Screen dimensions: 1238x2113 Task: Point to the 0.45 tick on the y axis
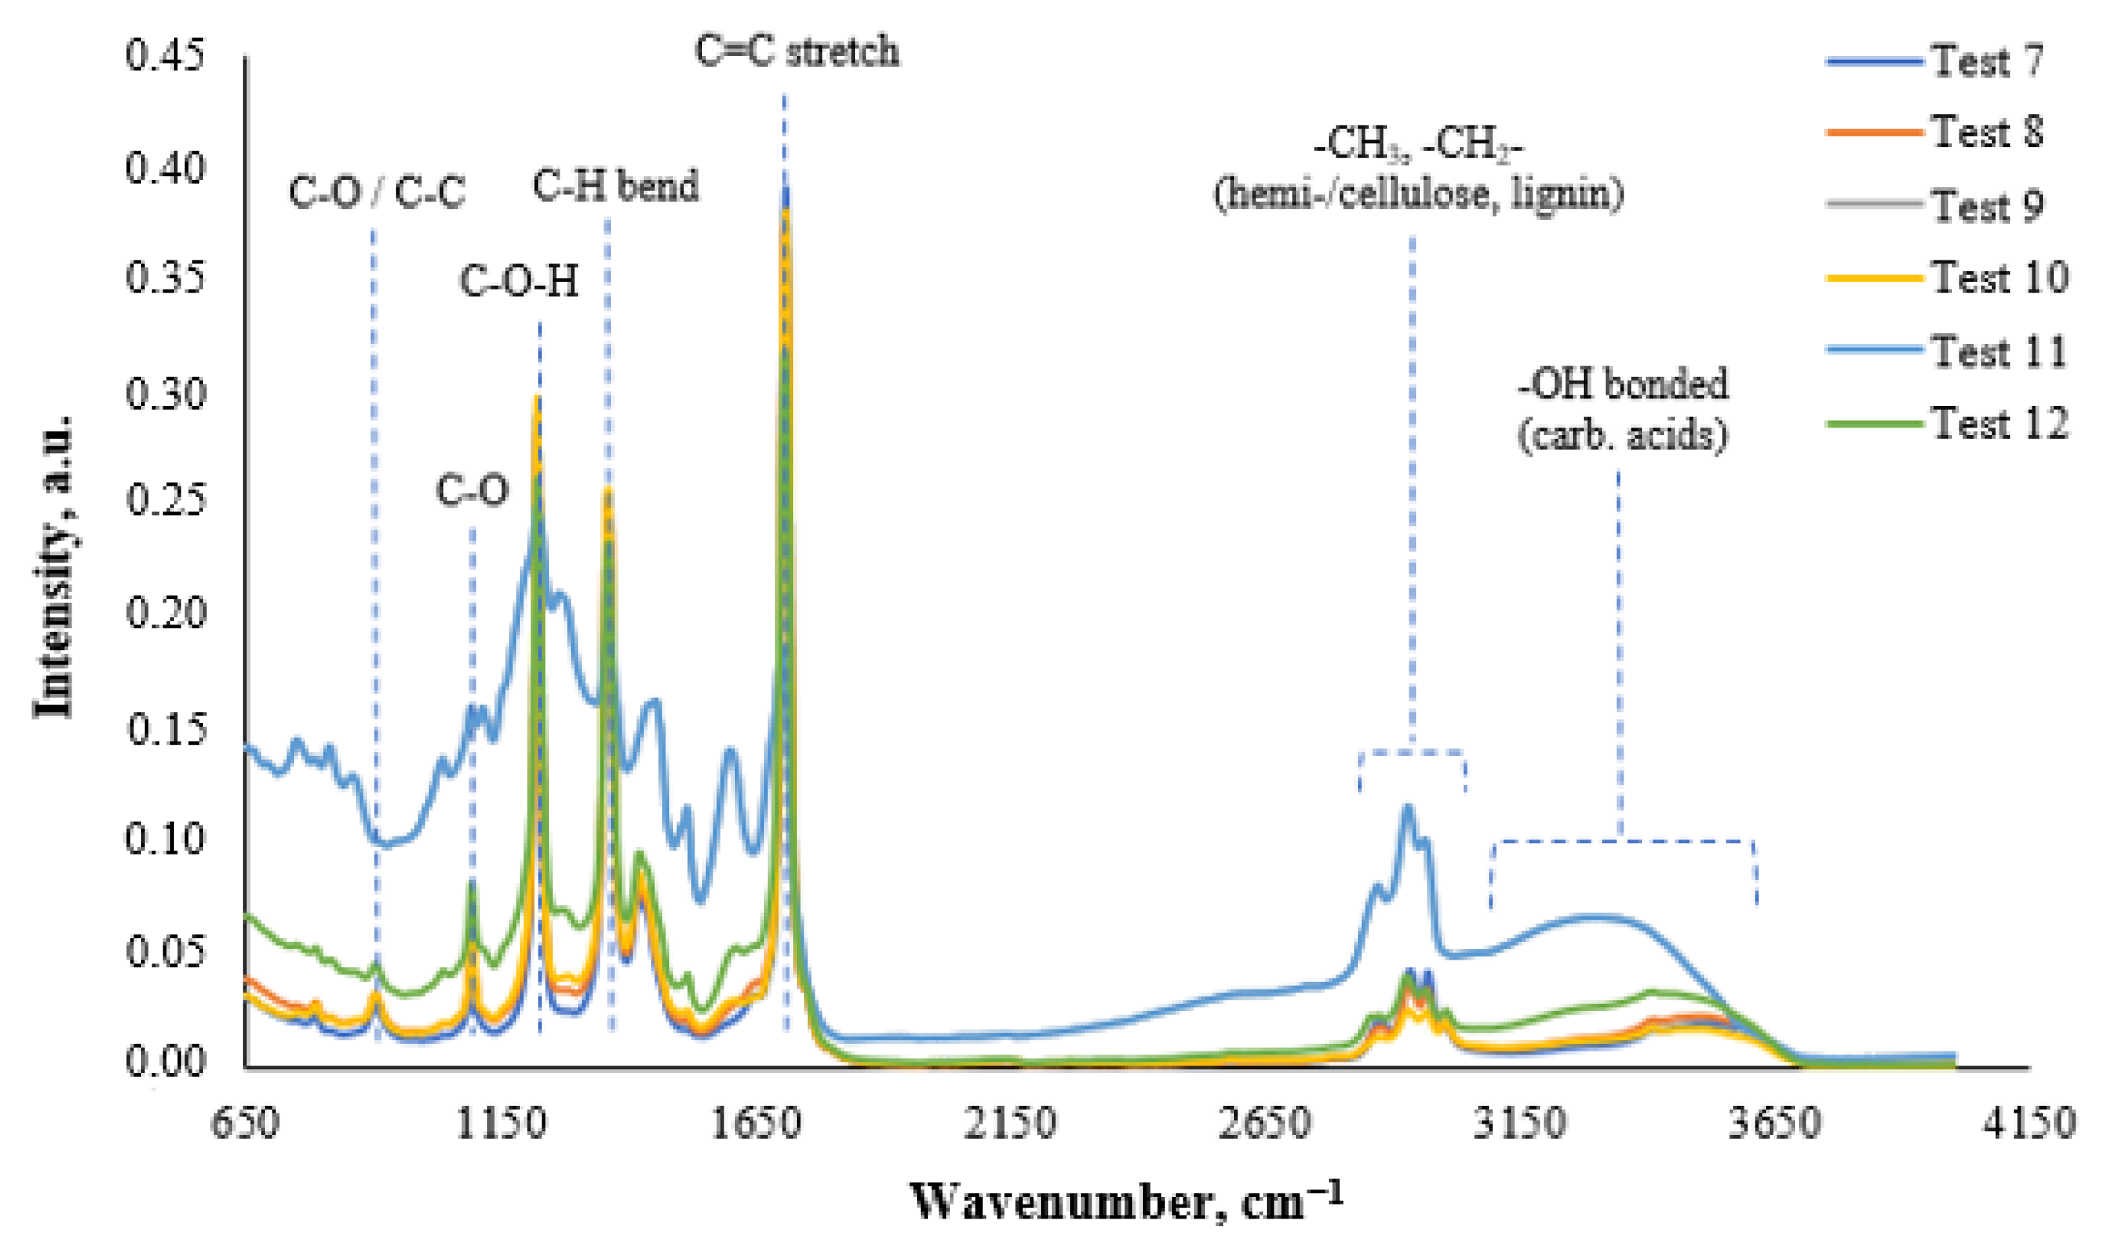coord(165,56)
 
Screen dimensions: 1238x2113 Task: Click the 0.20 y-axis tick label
coord(165,613)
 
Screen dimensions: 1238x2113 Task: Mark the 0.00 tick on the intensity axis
coord(165,1062)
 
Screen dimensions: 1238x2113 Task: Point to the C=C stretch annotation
coord(797,52)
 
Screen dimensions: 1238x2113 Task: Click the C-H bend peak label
coord(616,187)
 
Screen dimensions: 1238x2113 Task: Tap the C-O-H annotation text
coord(519,282)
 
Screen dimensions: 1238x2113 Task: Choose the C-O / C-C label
coord(377,193)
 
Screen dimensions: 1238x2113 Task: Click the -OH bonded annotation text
coord(1624,385)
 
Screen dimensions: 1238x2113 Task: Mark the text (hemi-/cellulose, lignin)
coord(1418,195)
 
